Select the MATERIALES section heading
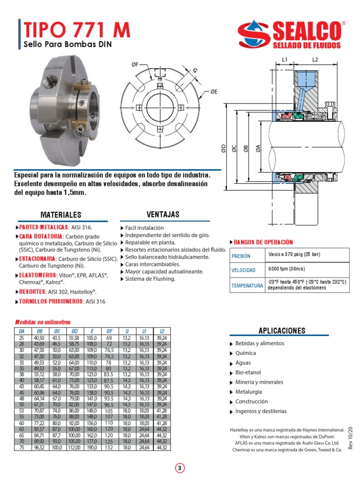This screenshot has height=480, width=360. click(61, 215)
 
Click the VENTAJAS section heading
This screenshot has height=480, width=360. click(163, 214)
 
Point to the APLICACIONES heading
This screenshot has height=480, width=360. click(282, 330)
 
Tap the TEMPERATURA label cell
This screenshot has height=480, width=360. click(247, 285)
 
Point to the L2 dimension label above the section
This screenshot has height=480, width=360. click(315, 60)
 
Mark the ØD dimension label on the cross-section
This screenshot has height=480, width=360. click(224, 149)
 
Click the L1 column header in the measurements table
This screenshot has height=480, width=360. click(143, 331)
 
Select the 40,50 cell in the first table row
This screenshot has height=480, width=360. click(39, 337)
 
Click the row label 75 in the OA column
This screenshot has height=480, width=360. click(21, 448)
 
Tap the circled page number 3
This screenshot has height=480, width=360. click(180, 468)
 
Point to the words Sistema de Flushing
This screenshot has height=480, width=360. click(150, 279)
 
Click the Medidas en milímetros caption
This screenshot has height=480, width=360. click(43, 322)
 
